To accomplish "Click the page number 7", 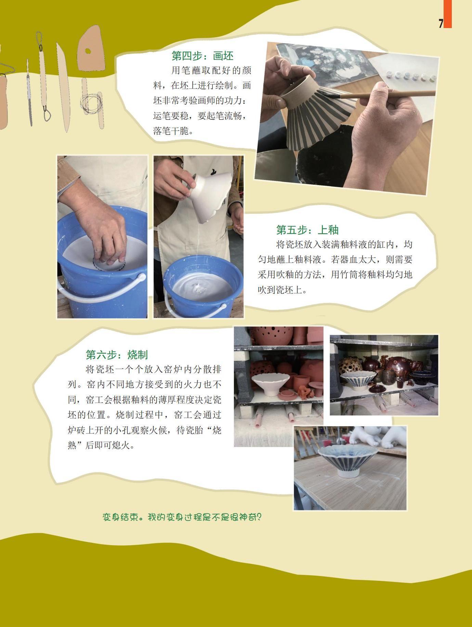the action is [441, 23].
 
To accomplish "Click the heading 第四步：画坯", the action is [202, 56].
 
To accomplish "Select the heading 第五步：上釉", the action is [307, 230].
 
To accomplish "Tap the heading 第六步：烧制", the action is [117, 355].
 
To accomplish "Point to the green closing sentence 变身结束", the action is [182, 517].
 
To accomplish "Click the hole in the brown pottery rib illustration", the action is [88, 51].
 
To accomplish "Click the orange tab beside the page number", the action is [448, 14].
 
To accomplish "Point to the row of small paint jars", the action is [411, 75].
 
